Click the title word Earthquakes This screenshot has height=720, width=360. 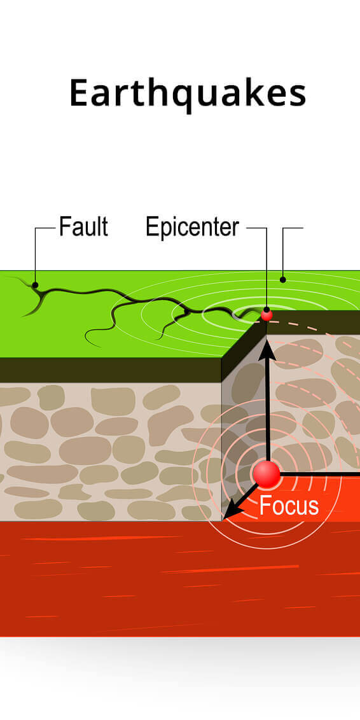click(x=188, y=94)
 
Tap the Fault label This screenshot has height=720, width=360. click(x=83, y=227)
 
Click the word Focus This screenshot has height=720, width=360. click(x=289, y=506)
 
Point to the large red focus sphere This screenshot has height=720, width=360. click(x=267, y=474)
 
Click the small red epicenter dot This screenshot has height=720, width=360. click(x=267, y=315)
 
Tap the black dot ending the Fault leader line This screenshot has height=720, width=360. click(x=35, y=285)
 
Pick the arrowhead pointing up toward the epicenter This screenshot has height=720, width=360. click(x=267, y=349)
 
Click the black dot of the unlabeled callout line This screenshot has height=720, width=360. click(x=283, y=279)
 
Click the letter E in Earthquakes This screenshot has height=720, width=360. click(x=78, y=93)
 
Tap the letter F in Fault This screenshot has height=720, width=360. click(x=65, y=227)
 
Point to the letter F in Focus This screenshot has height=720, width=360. click(x=265, y=506)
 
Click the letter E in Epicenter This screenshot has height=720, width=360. click(x=151, y=227)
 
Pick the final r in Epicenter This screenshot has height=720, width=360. click(x=235, y=230)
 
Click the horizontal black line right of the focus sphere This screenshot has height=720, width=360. click(x=320, y=473)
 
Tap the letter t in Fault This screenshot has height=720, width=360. click(x=104, y=228)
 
